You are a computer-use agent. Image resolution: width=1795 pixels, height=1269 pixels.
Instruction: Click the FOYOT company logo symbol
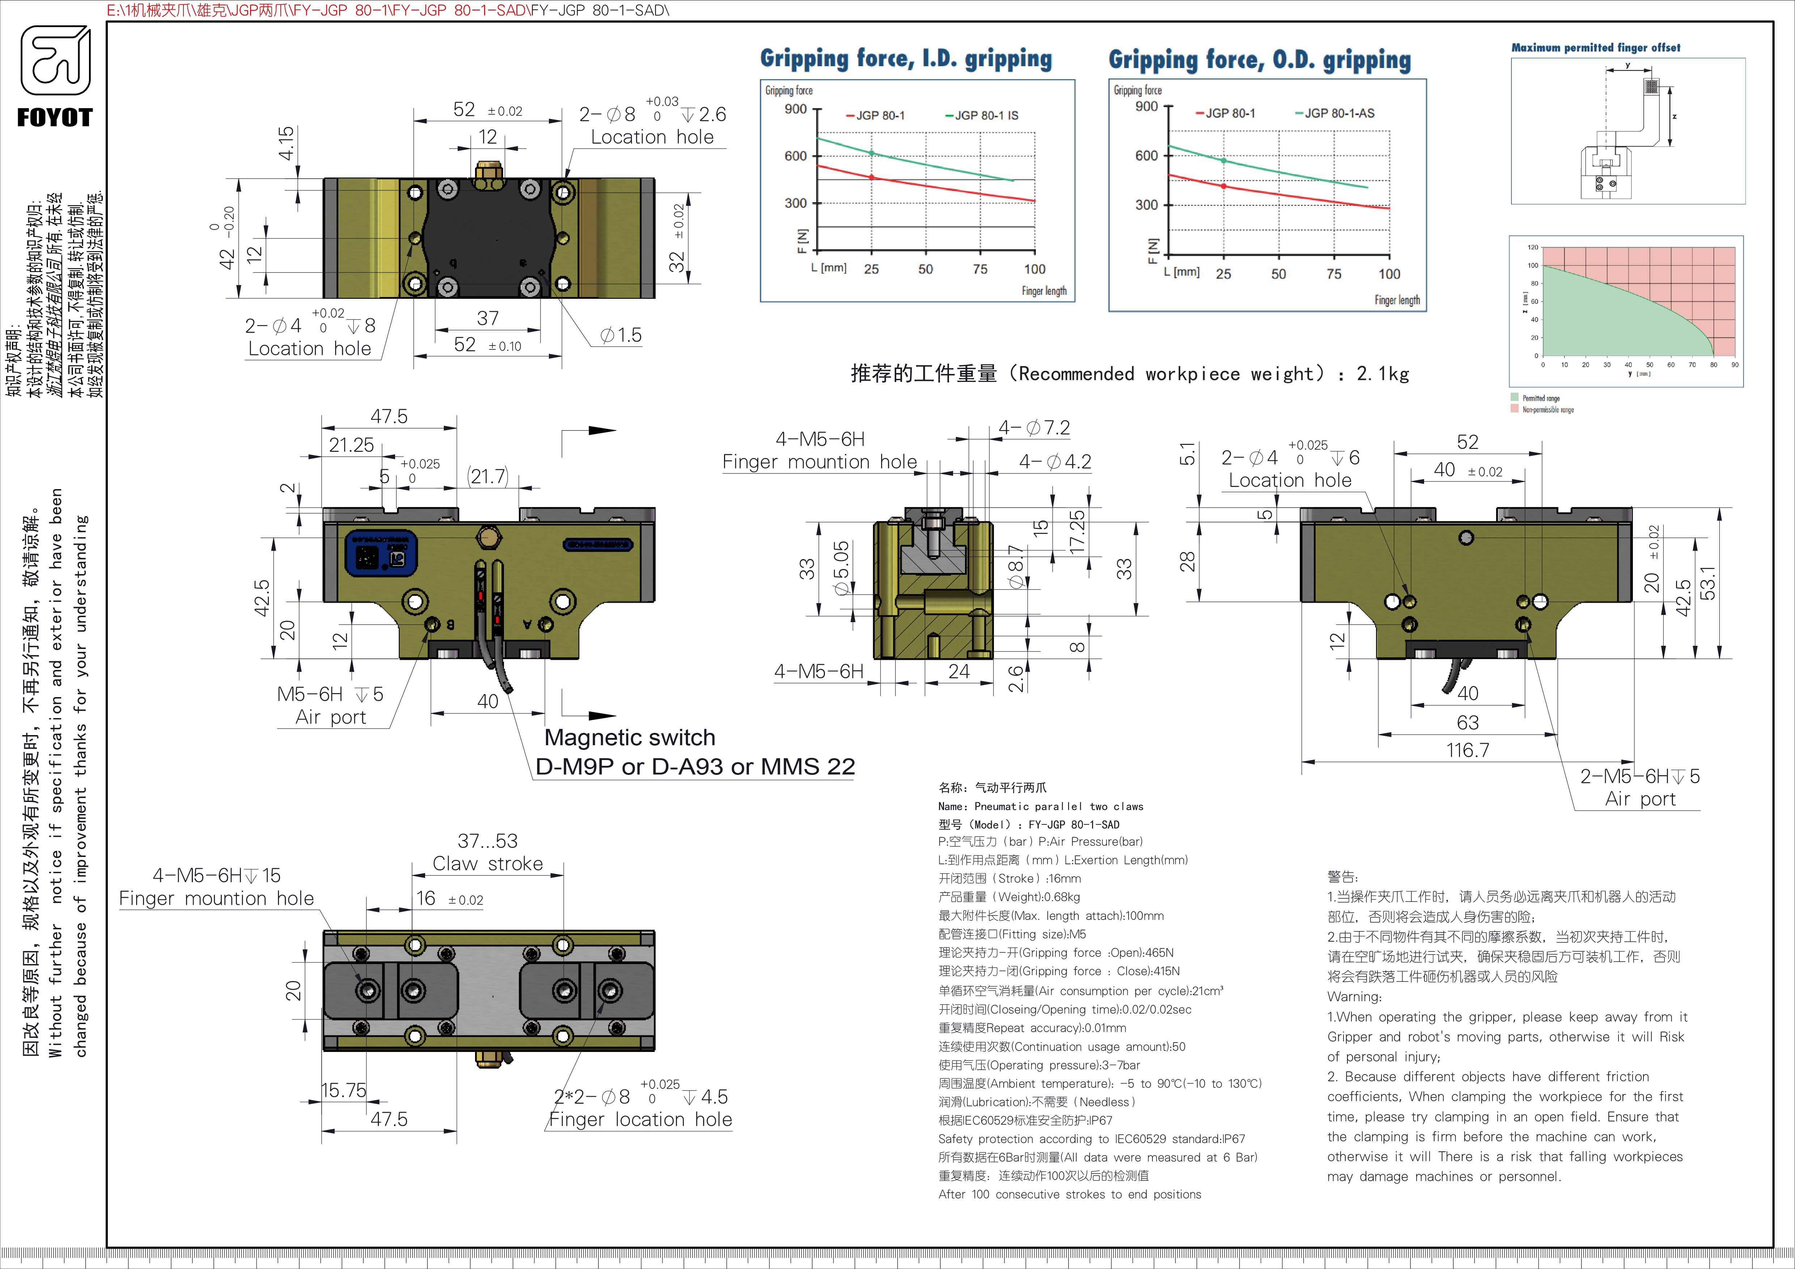pyautogui.click(x=55, y=61)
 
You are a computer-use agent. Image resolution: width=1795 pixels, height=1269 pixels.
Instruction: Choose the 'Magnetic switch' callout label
pyautogui.click(x=629, y=738)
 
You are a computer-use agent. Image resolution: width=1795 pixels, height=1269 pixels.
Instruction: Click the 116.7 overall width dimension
pyautogui.click(x=1468, y=750)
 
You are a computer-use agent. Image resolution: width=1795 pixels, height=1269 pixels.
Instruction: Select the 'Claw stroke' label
pyautogui.click(x=488, y=863)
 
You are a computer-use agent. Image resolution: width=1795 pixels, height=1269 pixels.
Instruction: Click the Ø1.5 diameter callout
pyautogui.click(x=621, y=335)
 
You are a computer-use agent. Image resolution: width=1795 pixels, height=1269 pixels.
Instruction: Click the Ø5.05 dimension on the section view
pyautogui.click(x=841, y=569)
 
